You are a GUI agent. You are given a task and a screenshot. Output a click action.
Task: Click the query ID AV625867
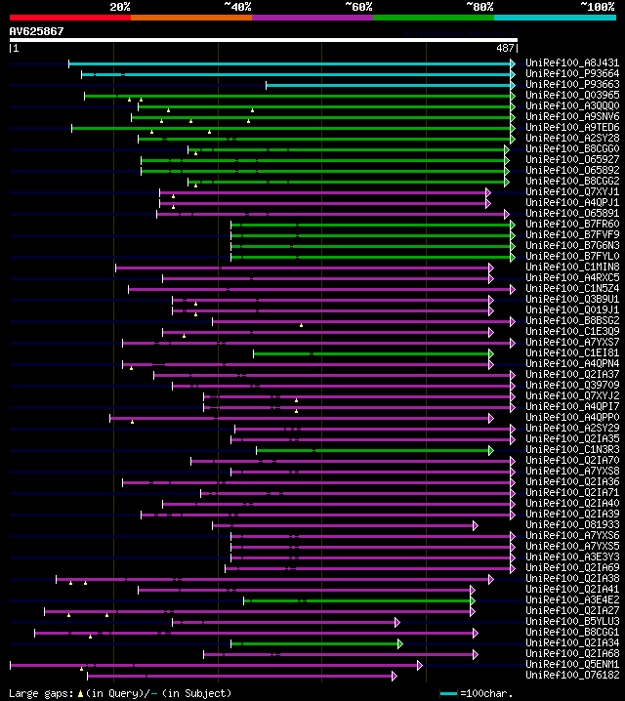[37, 31]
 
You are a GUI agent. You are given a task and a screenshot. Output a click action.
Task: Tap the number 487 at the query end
[505, 48]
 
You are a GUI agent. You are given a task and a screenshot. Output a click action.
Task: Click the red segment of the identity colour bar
[69, 17]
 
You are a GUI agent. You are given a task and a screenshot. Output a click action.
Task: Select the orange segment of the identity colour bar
[190, 17]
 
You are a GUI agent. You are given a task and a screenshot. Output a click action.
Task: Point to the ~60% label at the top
[358, 6]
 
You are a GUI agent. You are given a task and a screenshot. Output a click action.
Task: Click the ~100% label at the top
[598, 6]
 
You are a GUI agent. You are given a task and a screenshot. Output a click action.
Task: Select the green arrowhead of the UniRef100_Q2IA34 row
[399, 643]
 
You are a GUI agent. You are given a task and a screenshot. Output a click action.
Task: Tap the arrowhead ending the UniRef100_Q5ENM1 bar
[420, 665]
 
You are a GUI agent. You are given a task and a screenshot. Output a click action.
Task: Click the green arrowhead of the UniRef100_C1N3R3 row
[491, 450]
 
